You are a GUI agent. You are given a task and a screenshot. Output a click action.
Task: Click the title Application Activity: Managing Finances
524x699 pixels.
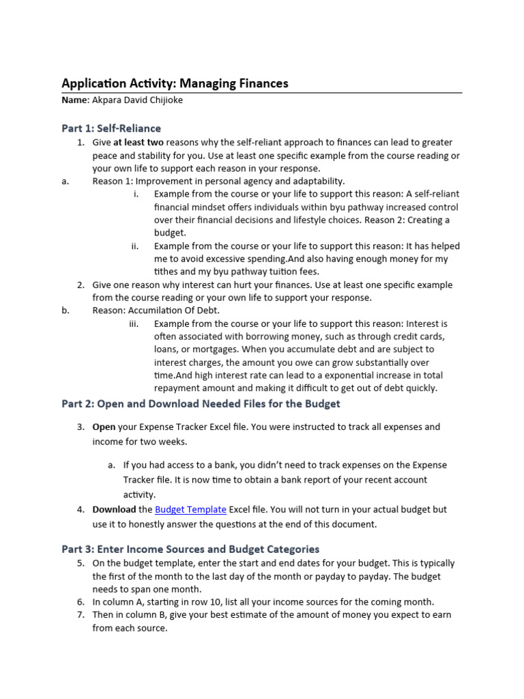tap(175, 83)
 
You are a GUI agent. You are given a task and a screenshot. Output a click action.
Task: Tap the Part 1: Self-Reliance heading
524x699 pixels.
tap(111, 128)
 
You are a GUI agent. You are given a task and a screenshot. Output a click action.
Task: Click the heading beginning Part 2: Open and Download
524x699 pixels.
tap(201, 403)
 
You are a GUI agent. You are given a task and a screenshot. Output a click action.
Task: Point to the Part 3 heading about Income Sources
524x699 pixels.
tap(190, 549)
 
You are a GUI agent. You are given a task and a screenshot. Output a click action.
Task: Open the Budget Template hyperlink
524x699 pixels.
tap(190, 509)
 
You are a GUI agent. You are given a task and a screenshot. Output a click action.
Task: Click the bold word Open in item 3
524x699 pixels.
tap(104, 427)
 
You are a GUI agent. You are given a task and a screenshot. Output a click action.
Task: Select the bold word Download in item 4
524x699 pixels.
tap(114, 509)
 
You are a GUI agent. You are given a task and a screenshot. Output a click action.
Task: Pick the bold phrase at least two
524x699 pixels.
tap(139, 142)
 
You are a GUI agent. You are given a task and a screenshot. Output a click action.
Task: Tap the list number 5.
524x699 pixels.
tap(80, 563)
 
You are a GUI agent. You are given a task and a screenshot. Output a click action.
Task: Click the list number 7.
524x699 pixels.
tap(80, 614)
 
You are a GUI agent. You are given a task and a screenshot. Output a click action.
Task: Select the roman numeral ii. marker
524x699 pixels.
tap(135, 246)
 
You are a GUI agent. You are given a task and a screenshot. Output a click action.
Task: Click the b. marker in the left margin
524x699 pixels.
tap(65, 311)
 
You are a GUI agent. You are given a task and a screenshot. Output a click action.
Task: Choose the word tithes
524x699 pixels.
tap(166, 271)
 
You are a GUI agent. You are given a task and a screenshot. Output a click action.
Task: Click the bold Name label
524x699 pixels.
tap(75, 100)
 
